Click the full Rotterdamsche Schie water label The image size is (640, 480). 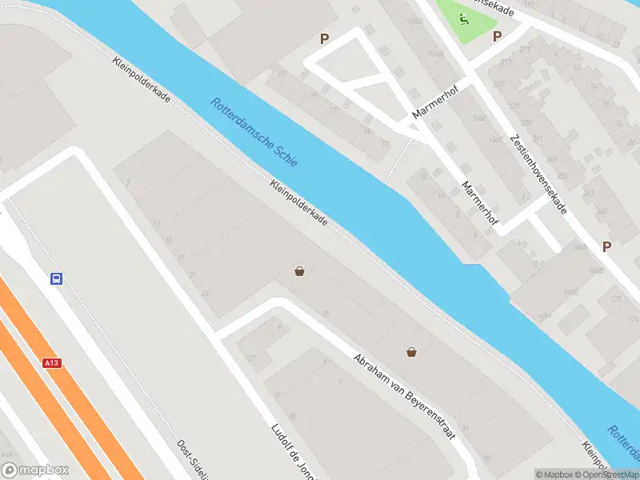coord(254,132)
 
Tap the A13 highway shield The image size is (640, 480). coord(52,362)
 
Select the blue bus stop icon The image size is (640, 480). coord(57,279)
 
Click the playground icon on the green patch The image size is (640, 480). coord(463,18)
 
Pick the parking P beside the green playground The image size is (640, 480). coord(497,36)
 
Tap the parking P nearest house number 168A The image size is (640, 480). coord(606,247)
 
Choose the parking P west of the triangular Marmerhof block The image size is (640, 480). coord(324,38)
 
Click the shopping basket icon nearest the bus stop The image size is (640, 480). coord(299,271)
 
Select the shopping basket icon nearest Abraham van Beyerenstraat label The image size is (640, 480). coord(411,350)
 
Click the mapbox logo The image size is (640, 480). coord(34,470)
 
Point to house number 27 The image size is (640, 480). coord(252,358)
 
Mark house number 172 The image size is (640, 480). coord(614,299)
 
